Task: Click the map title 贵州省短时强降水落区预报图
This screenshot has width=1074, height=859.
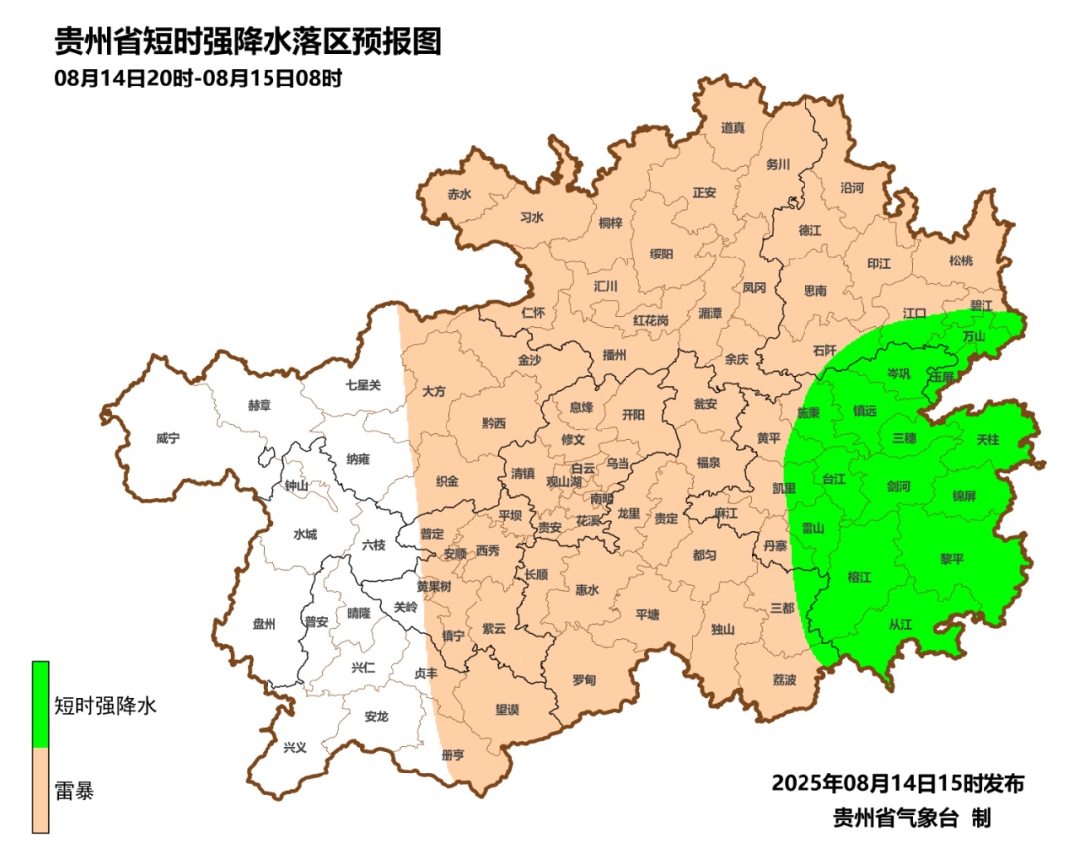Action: click(247, 42)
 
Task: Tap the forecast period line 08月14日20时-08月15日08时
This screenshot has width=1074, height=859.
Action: click(198, 79)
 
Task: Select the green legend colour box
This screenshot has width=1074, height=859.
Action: click(41, 704)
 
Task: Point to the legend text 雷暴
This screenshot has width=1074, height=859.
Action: click(74, 792)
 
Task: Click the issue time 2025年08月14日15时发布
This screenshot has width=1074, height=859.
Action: click(898, 783)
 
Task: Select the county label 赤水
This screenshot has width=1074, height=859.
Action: click(459, 195)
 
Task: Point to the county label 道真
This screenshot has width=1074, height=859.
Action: click(733, 127)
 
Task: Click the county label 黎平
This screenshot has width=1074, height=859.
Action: click(952, 559)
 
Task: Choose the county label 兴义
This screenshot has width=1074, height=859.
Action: click(295, 747)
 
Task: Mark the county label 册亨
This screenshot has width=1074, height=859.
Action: click(452, 754)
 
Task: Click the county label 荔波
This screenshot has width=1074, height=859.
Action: click(784, 679)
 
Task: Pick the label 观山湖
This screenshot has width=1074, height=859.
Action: click(568, 481)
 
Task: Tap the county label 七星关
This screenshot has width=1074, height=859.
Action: click(363, 384)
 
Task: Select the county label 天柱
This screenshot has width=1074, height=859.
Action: click(987, 438)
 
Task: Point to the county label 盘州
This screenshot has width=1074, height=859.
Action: click(264, 624)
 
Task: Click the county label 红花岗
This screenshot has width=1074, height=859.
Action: click(651, 320)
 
